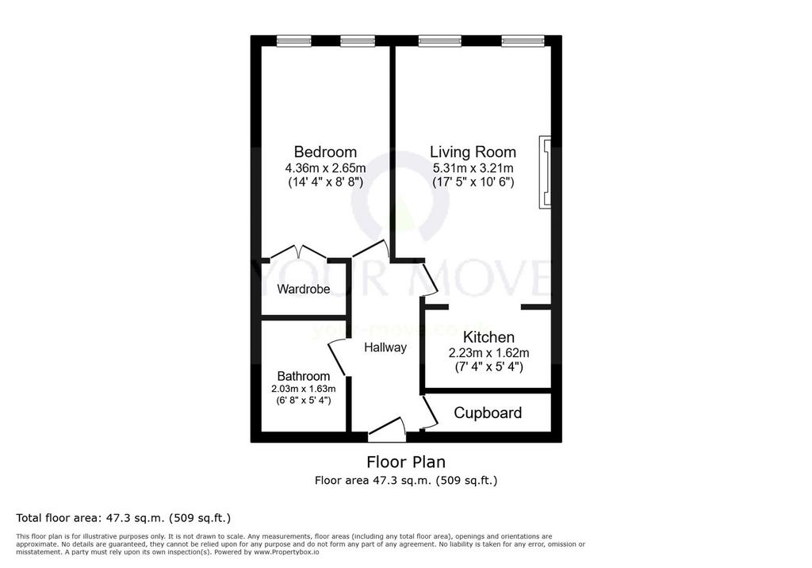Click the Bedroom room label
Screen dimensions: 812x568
(x=325, y=152)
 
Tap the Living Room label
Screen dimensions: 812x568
(x=473, y=152)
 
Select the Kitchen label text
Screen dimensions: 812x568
(x=488, y=337)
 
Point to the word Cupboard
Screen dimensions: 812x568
(x=488, y=413)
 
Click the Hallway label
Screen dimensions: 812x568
(x=385, y=347)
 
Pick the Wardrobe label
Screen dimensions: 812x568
(x=304, y=290)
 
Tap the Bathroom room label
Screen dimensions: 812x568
(x=304, y=376)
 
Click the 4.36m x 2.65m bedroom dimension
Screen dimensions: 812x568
(x=325, y=168)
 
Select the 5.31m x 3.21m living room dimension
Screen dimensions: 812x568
(x=473, y=168)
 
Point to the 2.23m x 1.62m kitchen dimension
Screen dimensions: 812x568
(x=488, y=354)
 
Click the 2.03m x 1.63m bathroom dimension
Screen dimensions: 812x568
(x=304, y=389)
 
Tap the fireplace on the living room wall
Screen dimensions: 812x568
(x=545, y=173)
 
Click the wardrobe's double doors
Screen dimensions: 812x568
(x=298, y=251)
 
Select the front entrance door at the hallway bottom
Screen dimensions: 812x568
(x=386, y=428)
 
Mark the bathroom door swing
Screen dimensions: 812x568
(x=336, y=358)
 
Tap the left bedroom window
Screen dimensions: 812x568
(x=293, y=41)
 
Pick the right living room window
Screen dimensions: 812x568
(x=523, y=41)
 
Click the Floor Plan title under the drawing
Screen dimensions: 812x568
(x=406, y=462)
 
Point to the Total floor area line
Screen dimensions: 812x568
(x=123, y=518)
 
